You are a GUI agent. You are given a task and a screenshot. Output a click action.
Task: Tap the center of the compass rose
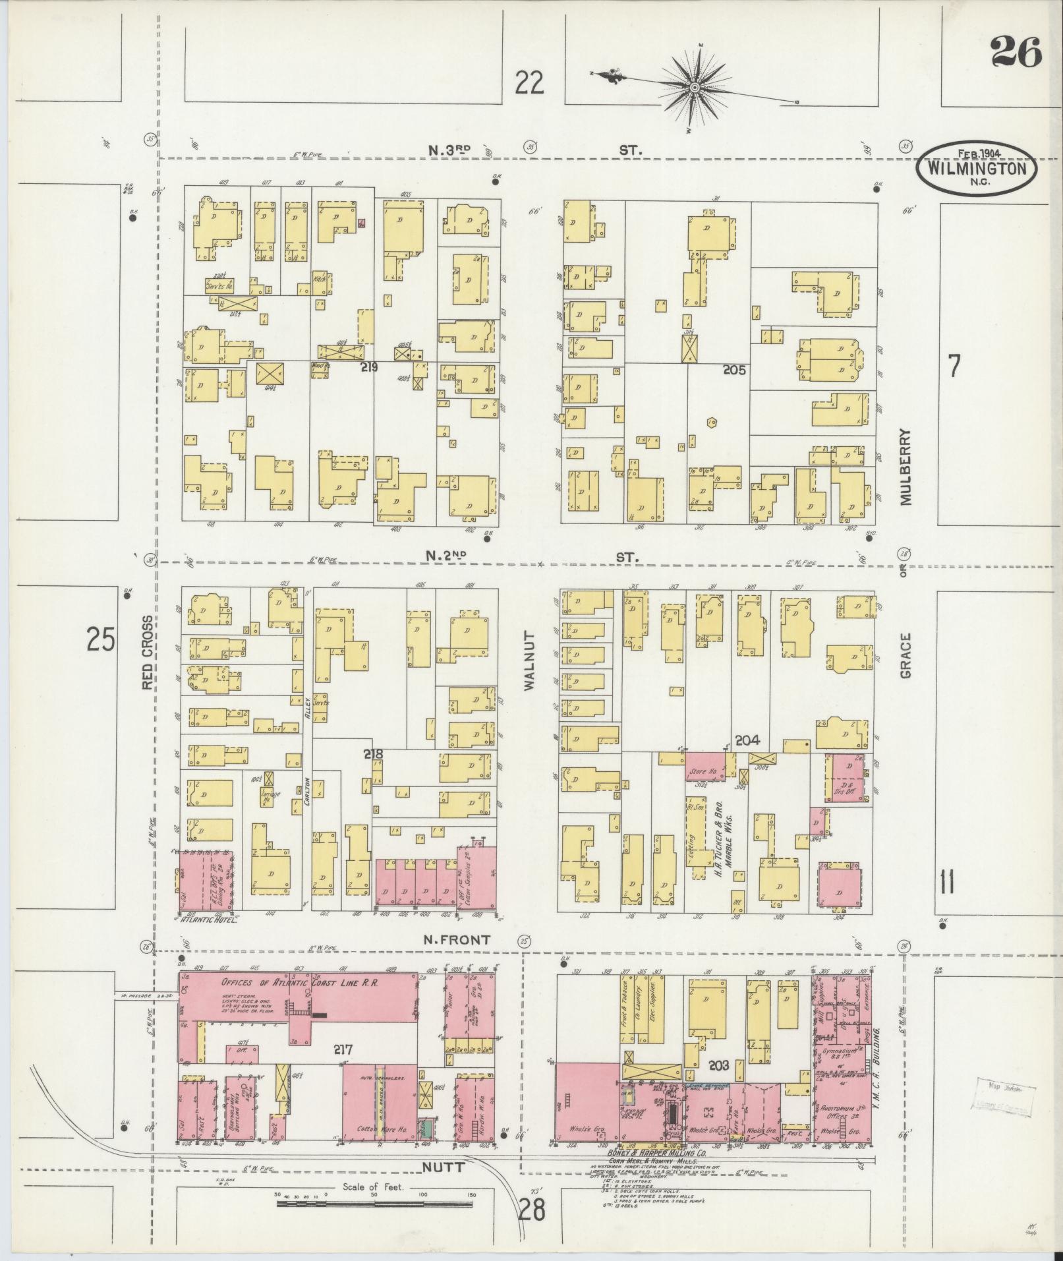pos(695,87)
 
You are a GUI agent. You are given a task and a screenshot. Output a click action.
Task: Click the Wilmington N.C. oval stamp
pos(977,167)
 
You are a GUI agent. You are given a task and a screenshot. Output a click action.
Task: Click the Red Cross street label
pos(148,653)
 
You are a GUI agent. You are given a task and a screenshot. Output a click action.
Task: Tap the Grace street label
pos(905,656)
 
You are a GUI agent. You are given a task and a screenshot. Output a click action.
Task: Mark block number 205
pos(733,370)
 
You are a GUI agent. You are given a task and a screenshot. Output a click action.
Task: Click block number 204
pos(748,740)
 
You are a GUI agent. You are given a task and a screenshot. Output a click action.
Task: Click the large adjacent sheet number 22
pos(530,84)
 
